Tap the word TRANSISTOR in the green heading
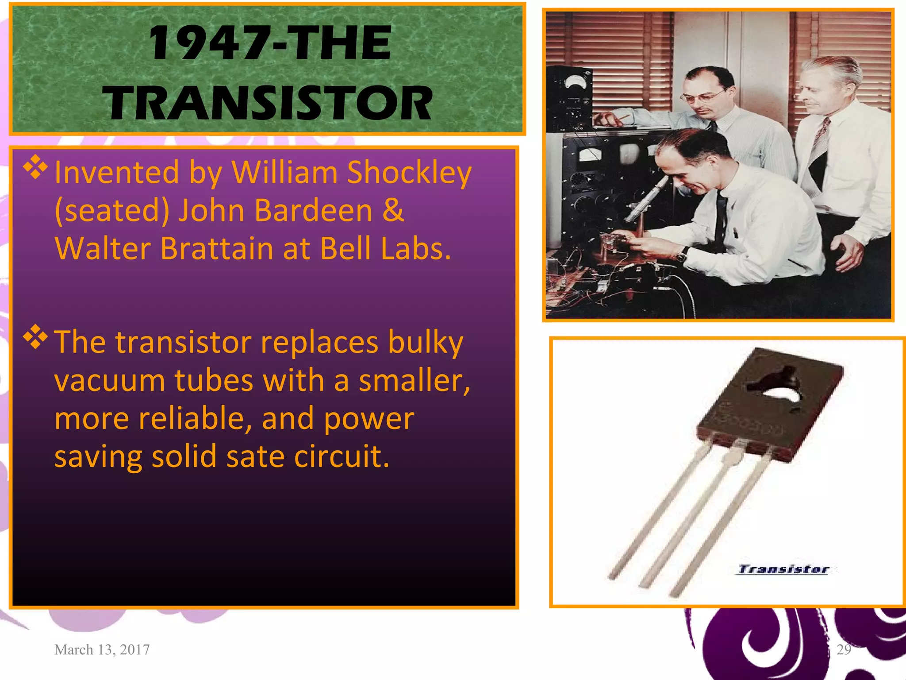tap(267, 103)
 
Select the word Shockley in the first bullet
tap(409, 172)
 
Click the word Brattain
tap(216, 248)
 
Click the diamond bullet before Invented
tap(35, 168)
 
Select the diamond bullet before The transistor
tap(35, 338)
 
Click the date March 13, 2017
tap(102, 649)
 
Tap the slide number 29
tap(844, 649)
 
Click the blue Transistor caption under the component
tap(783, 569)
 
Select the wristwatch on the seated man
tap(682, 255)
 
